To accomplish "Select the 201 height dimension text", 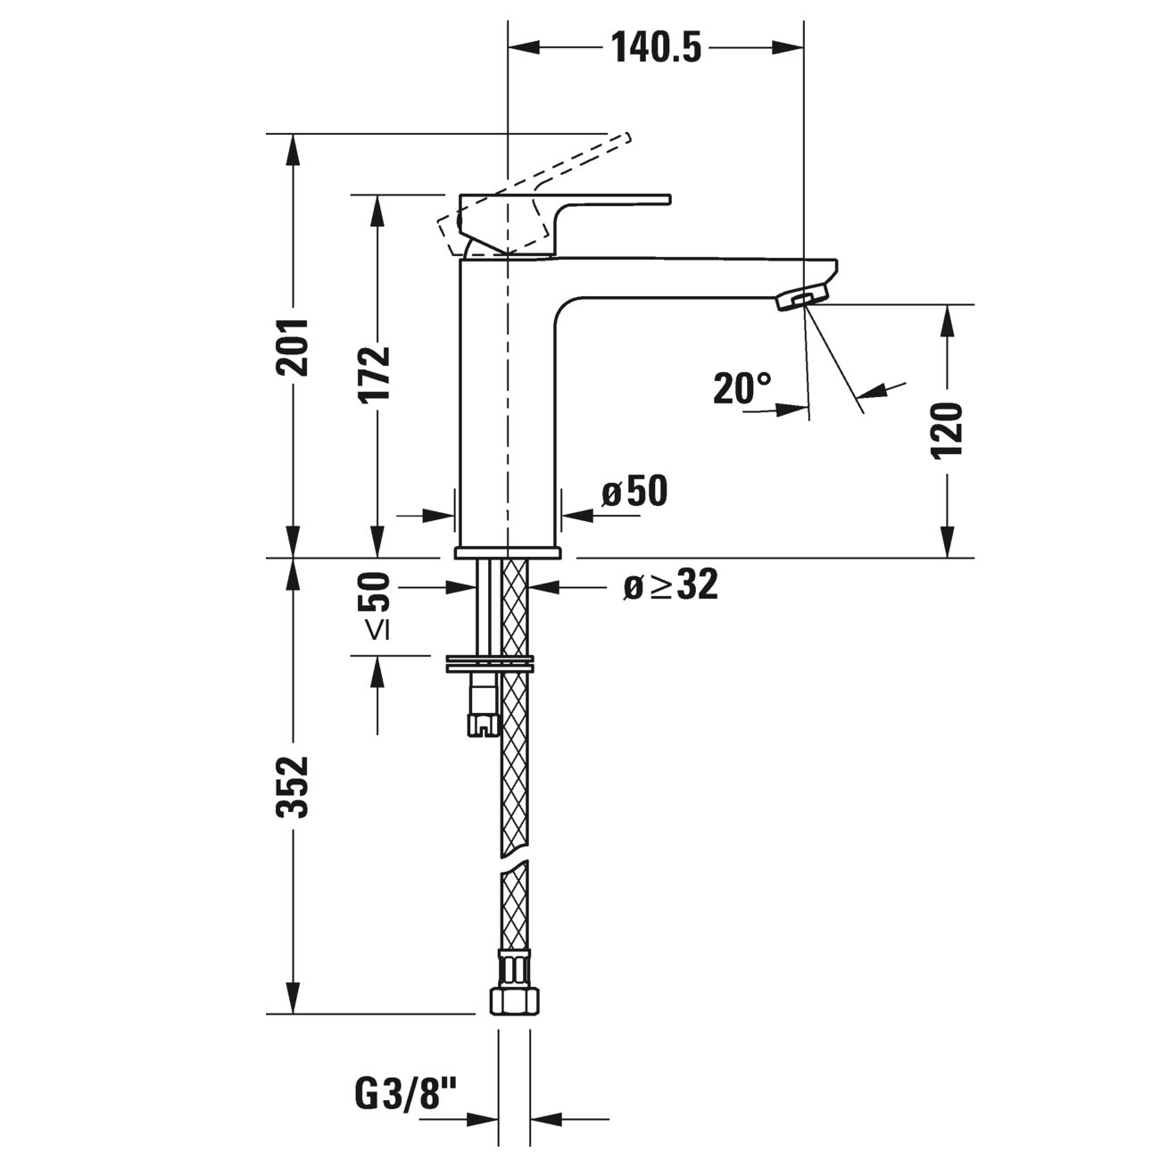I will pos(292,346).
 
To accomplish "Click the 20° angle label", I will pos(742,389).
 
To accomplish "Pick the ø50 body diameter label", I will pos(634,492).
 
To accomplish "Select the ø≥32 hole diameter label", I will pos(670,585).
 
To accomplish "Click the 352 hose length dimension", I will pos(292,787).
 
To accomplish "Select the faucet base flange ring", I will pos(507,552).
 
